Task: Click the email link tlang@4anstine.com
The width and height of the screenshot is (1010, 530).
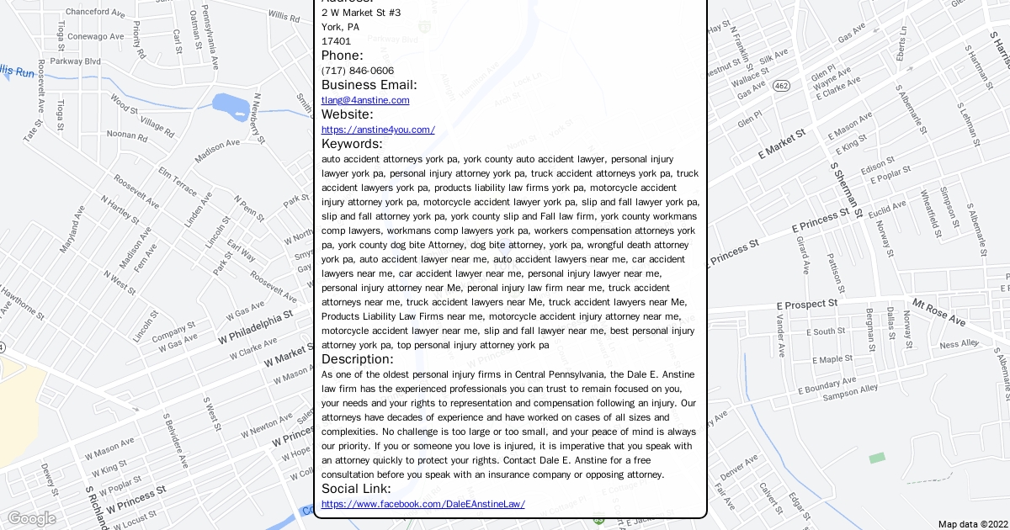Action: [365, 100]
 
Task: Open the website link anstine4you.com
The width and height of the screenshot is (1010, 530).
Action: [378, 130]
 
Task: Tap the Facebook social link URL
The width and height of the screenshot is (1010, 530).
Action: [423, 504]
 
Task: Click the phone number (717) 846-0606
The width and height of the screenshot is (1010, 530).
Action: [358, 71]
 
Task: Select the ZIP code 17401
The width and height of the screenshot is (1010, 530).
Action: [336, 41]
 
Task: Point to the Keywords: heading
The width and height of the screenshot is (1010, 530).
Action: [352, 144]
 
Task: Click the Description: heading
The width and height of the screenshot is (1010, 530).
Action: [357, 359]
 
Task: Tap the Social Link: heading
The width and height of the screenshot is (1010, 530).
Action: [356, 489]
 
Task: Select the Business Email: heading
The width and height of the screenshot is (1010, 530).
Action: [369, 85]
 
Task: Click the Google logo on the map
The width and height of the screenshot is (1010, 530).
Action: [31, 518]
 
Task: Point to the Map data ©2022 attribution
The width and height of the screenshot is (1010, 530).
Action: [971, 524]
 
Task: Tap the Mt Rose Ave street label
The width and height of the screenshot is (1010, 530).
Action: [938, 314]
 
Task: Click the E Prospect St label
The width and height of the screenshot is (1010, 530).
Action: [806, 304]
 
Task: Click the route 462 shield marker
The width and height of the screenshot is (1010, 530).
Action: [782, 86]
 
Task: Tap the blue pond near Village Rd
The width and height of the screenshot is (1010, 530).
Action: [229, 107]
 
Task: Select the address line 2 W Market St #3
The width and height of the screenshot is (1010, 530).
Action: [361, 13]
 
